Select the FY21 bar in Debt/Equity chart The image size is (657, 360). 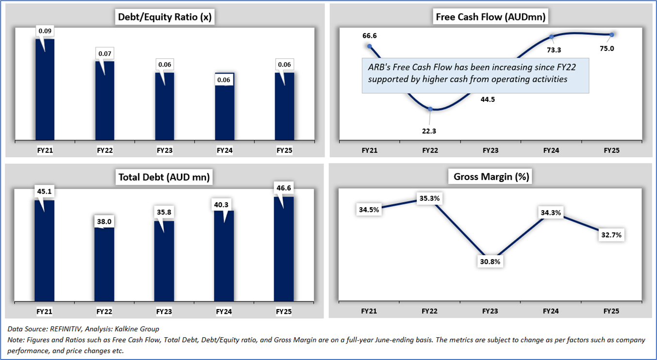point(45,92)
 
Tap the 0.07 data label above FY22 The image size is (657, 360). point(105,54)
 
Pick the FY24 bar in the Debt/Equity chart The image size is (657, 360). point(225,109)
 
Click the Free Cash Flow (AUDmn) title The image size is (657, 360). point(491,17)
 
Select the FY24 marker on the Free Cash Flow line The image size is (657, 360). point(551,37)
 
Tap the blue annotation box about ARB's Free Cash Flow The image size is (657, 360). point(475,75)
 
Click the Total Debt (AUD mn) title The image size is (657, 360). point(164,177)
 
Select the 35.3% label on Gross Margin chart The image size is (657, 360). point(430,198)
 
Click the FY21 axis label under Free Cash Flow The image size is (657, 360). point(369,150)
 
